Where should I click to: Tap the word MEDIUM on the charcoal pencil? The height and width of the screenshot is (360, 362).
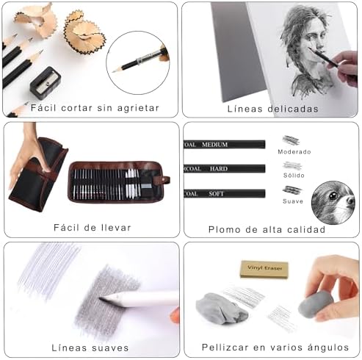[215, 145]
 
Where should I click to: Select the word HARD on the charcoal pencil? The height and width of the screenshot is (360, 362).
[219, 169]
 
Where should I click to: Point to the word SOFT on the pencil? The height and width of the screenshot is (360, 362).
[216, 194]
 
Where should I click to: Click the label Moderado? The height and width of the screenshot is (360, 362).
[294, 152]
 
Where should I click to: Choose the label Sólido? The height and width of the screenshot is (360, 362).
[294, 176]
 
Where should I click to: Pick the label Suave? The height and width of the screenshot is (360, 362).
[293, 201]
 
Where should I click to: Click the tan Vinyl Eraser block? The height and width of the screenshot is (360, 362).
[264, 269]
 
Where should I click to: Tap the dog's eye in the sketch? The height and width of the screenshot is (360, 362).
[333, 195]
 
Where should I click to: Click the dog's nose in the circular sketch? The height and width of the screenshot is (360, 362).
[350, 201]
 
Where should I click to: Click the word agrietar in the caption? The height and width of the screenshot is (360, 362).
[138, 108]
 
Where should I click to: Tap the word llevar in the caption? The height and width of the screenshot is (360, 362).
[115, 228]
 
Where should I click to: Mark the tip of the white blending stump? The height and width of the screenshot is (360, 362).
[101, 298]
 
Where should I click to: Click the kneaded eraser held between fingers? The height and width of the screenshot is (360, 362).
[315, 306]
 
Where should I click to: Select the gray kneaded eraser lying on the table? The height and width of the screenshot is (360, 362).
[222, 309]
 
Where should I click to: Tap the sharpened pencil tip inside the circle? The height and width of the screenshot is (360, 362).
[114, 71]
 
